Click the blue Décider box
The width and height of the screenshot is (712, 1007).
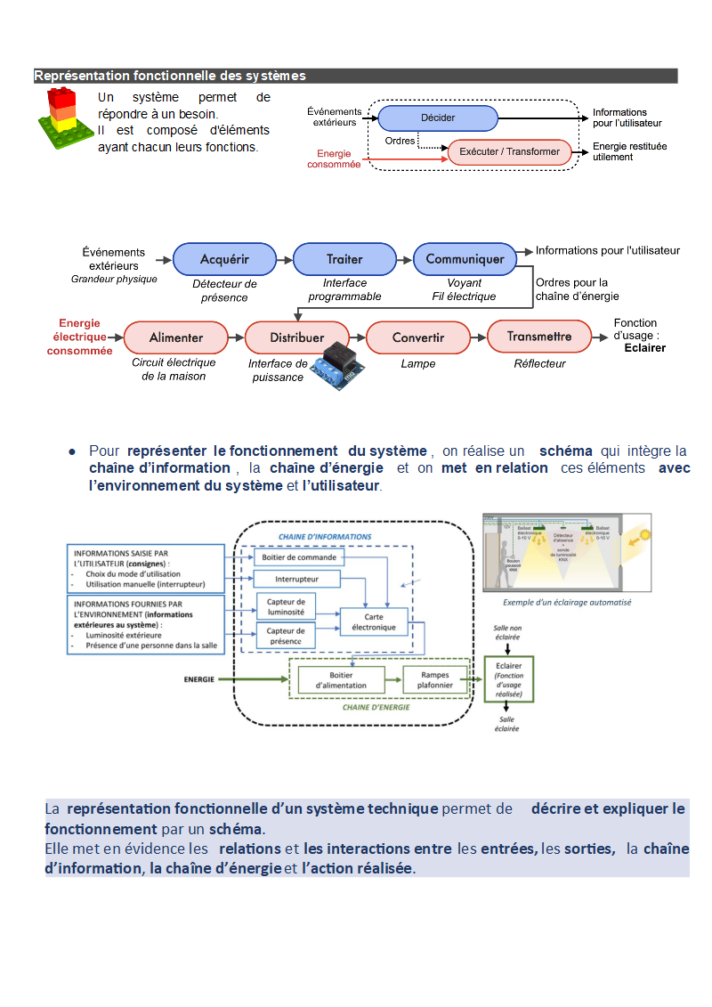tap(437, 118)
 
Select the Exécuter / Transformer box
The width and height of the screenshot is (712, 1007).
tap(509, 152)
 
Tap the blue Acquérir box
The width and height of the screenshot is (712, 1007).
tap(224, 259)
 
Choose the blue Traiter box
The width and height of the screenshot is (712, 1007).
tap(344, 259)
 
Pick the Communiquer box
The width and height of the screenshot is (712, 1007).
tap(465, 259)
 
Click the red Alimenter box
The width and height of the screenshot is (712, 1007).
tap(175, 337)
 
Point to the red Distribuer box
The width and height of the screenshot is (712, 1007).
tap(296, 337)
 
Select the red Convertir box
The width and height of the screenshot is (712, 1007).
tap(417, 337)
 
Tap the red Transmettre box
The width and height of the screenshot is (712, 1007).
tap(538, 337)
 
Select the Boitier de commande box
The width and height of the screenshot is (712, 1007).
tap(299, 557)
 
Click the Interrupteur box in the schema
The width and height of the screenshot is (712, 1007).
tap(296, 580)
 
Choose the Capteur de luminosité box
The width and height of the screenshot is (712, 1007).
tap(286, 606)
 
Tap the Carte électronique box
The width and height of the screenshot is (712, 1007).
tap(374, 621)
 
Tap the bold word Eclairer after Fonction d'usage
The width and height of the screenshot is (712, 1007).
tap(644, 348)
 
